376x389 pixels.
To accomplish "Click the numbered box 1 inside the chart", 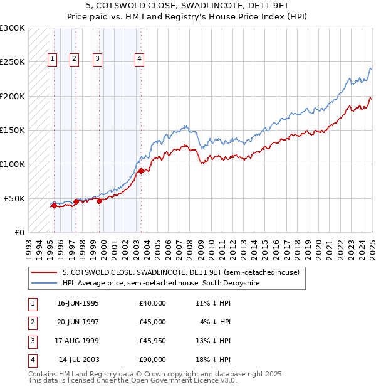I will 52,59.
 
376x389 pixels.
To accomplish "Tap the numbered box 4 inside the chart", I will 139,59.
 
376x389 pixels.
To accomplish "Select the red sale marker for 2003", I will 142,171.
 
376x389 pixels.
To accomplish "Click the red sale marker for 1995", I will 54,205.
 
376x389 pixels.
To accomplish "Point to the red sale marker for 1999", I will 100,201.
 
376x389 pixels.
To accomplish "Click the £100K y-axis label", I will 13,164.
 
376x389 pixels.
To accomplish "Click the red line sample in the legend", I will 44,272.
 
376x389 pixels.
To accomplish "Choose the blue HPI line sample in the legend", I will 44,283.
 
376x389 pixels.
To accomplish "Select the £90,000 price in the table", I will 153,360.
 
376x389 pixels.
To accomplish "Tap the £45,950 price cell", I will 153,341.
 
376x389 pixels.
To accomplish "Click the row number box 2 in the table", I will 31,322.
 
